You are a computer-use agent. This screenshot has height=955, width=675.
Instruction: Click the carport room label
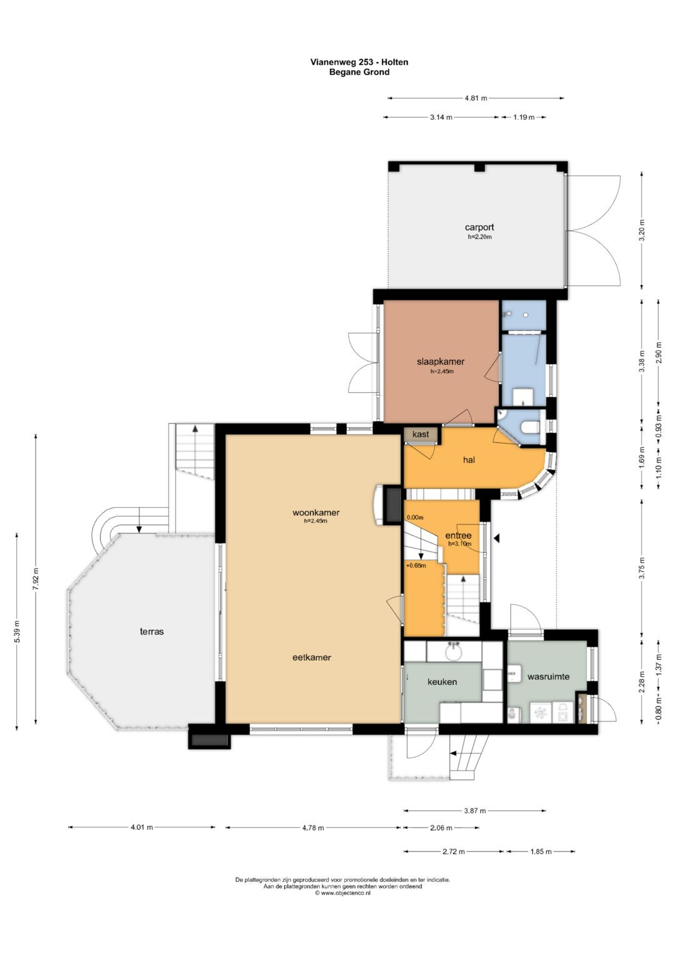pos(479,227)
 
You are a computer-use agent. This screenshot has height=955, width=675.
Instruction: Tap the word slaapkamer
pos(441,361)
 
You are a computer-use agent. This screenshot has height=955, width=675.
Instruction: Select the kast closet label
pos(421,434)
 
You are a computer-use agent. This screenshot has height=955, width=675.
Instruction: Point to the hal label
pos(469,460)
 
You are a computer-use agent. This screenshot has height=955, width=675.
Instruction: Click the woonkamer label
pos(316,512)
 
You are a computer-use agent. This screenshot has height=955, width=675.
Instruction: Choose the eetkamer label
pos(311,657)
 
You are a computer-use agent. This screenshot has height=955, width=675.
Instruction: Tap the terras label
pos(152,632)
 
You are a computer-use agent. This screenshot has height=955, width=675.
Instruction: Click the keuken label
pos(442,682)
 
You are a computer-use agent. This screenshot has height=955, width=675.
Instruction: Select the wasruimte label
pos(549,677)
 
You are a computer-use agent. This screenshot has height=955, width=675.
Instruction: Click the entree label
pos(459,535)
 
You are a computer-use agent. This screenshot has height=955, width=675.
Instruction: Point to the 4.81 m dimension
pos(476,98)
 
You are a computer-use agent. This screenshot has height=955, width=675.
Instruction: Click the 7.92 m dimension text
pos(36,578)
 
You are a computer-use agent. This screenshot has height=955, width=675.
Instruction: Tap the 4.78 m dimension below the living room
pos(312,828)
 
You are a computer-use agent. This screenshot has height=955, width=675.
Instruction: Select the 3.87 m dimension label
pos(475,811)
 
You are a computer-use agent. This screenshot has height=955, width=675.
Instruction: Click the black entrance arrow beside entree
pos(497,539)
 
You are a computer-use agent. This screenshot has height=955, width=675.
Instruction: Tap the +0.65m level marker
pos(416,566)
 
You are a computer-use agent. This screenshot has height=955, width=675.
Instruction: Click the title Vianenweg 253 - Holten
pos(359,63)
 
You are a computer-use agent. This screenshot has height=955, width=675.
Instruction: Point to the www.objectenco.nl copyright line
pos(342,892)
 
